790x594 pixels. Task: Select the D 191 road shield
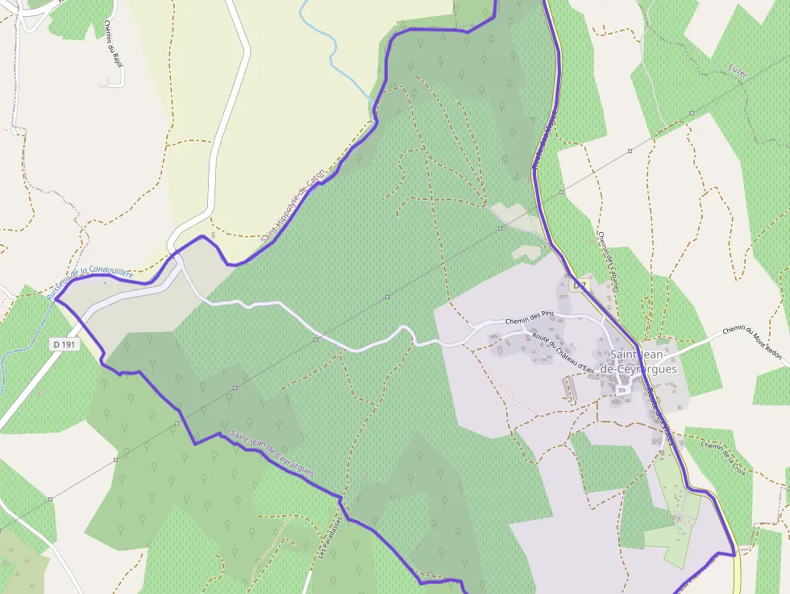64,344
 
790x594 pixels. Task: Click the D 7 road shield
580,285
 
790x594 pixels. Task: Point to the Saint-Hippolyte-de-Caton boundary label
293,206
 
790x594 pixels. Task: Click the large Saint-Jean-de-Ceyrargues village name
642,362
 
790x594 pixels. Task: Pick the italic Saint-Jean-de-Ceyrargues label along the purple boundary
272,453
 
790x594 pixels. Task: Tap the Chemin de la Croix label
723,456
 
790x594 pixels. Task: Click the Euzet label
738,73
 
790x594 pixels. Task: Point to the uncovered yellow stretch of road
736,574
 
